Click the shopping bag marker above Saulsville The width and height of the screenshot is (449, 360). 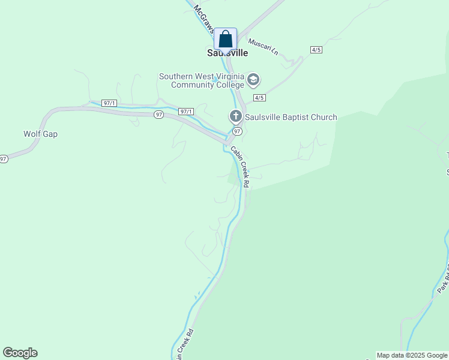tap(225, 39)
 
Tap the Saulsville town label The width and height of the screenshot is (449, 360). tap(228, 53)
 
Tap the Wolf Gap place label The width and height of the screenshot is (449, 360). tap(40, 134)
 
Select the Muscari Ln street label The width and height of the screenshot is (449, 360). tap(263, 46)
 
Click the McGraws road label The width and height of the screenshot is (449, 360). tap(204, 21)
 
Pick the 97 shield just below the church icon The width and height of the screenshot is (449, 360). tap(237, 131)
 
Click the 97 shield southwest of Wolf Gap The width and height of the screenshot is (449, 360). tap(4, 159)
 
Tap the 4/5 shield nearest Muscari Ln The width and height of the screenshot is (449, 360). tap(316, 50)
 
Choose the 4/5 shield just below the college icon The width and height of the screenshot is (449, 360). tap(259, 97)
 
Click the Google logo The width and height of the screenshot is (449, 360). tap(20, 353)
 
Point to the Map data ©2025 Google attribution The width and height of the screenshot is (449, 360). tap(412, 356)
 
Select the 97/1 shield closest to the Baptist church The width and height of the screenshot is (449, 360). tap(186, 112)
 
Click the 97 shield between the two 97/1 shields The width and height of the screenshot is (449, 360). tap(158, 114)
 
